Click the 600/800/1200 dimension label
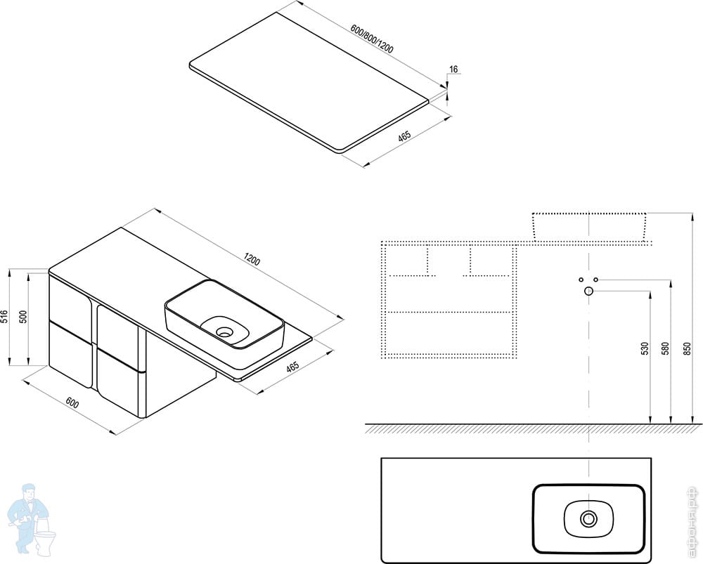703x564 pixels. click(372, 41)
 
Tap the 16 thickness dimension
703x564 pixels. click(453, 69)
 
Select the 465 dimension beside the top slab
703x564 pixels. click(404, 138)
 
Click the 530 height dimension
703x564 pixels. click(645, 349)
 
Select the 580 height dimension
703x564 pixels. click(666, 349)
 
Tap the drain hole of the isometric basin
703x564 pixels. click(225, 331)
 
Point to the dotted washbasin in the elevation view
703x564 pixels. click(589, 225)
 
